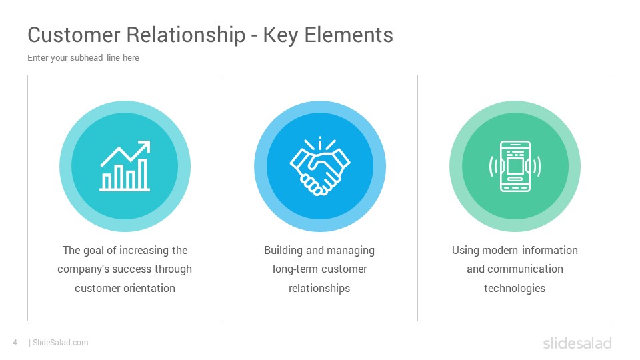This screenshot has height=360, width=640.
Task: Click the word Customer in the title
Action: click(x=73, y=35)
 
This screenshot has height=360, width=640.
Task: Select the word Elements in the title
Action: click(x=349, y=35)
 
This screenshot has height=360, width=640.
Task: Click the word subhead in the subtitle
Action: click(x=87, y=57)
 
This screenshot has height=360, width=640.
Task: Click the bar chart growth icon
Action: click(x=125, y=166)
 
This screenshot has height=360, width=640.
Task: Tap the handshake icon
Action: click(x=320, y=166)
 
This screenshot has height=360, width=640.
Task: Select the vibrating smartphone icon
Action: click(x=515, y=166)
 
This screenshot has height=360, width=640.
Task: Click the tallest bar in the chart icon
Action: click(x=143, y=174)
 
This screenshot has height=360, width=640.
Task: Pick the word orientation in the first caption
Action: click(x=149, y=288)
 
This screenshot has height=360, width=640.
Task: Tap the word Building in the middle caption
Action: click(x=283, y=251)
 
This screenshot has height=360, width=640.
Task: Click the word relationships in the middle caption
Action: click(x=319, y=289)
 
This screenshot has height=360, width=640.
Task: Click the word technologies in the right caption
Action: click(x=515, y=289)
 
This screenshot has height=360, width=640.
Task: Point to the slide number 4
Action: click(x=15, y=343)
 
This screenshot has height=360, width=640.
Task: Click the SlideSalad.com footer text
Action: click(x=61, y=343)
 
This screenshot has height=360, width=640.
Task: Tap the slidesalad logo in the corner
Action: click(x=577, y=343)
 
